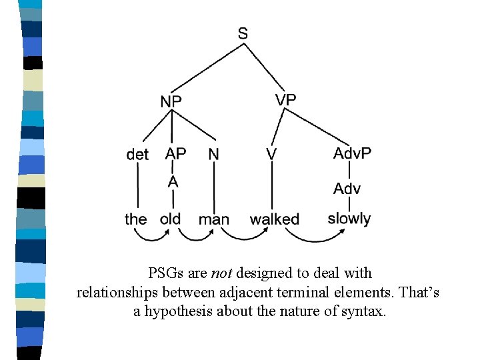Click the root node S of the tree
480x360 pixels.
click(x=243, y=33)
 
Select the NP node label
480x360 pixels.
click(x=171, y=101)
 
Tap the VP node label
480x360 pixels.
click(x=285, y=99)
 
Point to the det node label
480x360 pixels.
click(x=137, y=155)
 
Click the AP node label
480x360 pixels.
click(x=175, y=154)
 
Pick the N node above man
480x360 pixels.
click(x=213, y=154)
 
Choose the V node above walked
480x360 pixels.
click(x=271, y=154)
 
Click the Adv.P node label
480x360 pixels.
click(x=352, y=153)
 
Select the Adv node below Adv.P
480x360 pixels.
click(x=347, y=189)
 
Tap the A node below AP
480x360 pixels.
click(x=173, y=181)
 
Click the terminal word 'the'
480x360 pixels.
click(x=136, y=219)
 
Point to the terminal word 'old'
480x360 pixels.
click(x=171, y=219)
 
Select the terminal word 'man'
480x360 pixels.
click(x=214, y=219)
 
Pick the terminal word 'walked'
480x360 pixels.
click(x=275, y=219)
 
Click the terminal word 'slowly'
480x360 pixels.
click(x=349, y=219)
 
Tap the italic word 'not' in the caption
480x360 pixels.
click(x=221, y=273)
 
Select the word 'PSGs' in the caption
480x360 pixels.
click(x=165, y=273)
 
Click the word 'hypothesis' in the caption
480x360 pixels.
click(x=177, y=311)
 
